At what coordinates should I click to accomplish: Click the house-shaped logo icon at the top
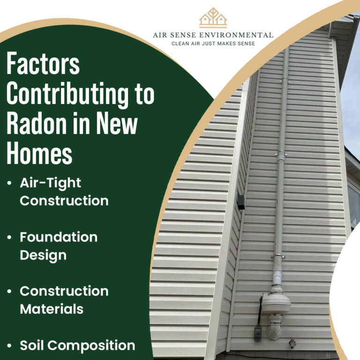(x=213, y=18)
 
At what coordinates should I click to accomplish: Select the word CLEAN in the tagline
(x=181, y=44)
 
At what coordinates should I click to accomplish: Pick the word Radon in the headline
(x=31, y=124)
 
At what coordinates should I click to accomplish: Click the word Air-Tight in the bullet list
(x=50, y=183)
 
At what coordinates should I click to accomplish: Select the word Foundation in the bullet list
(x=58, y=237)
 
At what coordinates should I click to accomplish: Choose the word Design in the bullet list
(x=43, y=255)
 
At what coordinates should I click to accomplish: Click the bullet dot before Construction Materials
(x=9, y=292)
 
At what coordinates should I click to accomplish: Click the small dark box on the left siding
(x=241, y=202)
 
